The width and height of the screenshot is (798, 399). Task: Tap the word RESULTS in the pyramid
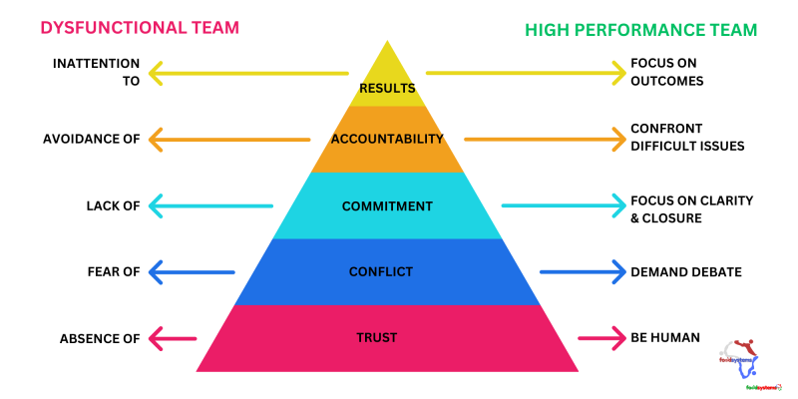click(387, 89)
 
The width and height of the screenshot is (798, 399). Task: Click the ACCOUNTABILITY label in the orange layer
click(387, 139)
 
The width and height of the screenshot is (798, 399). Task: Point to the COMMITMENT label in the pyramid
click(387, 206)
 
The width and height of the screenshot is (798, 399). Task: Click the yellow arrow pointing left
click(248, 72)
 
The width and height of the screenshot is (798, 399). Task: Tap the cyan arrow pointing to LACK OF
click(210, 206)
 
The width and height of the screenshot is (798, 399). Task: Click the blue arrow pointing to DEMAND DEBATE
click(582, 270)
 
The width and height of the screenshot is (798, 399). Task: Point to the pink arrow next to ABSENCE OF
click(173, 337)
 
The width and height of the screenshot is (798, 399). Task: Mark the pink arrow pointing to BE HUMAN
click(600, 337)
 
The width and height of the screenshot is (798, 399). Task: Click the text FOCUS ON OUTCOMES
click(666, 72)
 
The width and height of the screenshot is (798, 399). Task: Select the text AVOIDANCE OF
click(91, 139)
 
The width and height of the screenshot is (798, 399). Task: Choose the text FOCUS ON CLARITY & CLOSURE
click(690, 208)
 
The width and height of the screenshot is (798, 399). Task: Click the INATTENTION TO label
click(96, 72)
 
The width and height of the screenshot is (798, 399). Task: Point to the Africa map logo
click(742, 355)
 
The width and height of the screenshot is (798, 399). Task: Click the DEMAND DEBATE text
click(686, 271)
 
